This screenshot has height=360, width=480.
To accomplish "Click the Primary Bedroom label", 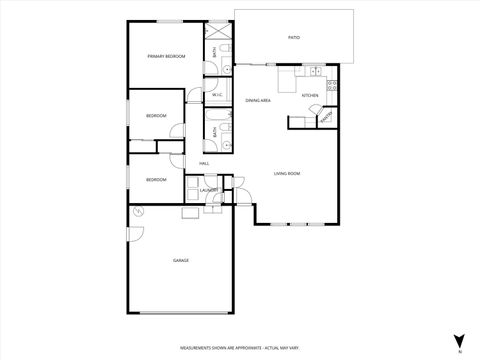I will pos(166,57).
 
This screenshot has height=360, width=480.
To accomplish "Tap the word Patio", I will pos(294,37).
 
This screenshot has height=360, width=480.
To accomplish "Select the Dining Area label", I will pos(258,100).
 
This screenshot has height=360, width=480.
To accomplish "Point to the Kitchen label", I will pos(310,95).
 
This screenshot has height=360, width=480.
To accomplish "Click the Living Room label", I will pos(288,174).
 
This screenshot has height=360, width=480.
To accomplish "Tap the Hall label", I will pos(204,163).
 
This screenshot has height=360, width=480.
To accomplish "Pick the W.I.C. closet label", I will pos(217,95).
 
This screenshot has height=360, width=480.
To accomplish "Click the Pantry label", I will pos(326,121).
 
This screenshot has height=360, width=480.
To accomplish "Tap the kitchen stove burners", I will pos(333,85).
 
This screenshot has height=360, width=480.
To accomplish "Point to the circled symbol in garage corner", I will pos(139,211).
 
